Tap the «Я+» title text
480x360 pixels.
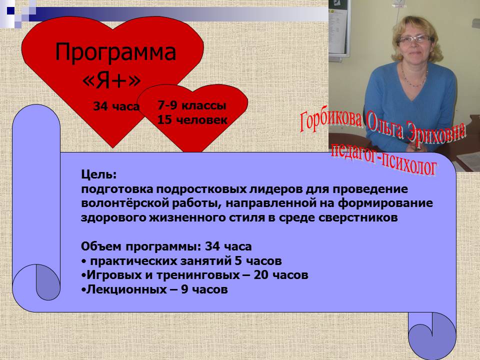point(111,80)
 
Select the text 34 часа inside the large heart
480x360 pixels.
point(116,106)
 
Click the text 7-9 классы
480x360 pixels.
point(192,105)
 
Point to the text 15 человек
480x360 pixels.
point(192,119)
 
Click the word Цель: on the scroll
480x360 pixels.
point(99,175)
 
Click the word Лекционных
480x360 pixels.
point(126,289)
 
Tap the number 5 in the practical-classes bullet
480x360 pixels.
point(238,261)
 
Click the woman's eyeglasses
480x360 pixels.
point(415,40)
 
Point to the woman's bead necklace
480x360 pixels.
point(413,78)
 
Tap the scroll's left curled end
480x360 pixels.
point(36,282)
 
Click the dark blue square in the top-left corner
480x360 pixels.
point(10,10)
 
